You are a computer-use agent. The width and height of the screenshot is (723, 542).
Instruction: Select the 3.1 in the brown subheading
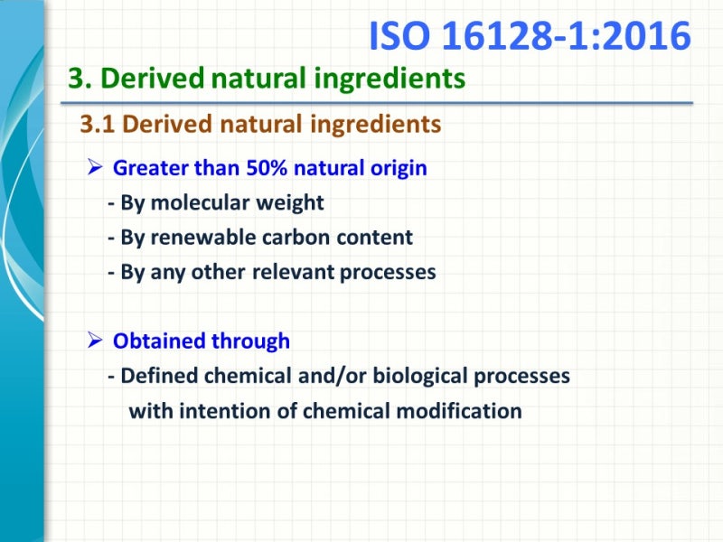pyautogui.click(x=99, y=124)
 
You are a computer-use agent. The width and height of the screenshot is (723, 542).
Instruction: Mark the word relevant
pyautogui.click(x=293, y=272)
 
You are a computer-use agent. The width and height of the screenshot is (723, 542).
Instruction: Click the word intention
pyautogui.click(x=227, y=411)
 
